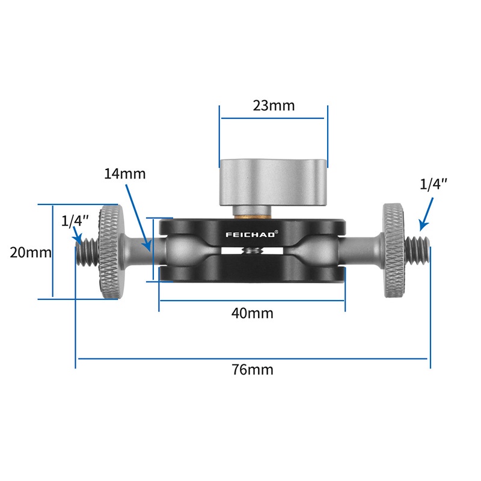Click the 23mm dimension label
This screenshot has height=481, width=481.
(x=274, y=106)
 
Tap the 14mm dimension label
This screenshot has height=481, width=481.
(x=125, y=174)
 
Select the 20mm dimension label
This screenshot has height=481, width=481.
(x=31, y=253)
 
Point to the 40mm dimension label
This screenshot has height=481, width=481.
(x=252, y=313)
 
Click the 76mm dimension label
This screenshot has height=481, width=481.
(x=252, y=370)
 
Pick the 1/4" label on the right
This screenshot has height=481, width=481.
(x=433, y=185)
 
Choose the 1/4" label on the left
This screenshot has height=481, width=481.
(x=75, y=221)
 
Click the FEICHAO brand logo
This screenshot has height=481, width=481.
(x=251, y=234)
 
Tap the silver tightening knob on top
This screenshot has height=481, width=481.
(x=274, y=183)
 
